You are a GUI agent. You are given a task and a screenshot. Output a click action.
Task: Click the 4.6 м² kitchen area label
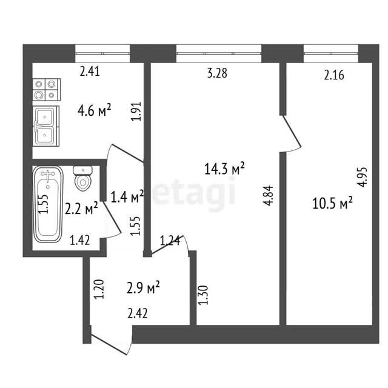(95, 110)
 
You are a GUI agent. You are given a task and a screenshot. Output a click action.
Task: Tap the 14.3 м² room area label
(224, 169)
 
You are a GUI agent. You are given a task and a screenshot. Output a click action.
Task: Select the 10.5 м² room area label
(332, 204)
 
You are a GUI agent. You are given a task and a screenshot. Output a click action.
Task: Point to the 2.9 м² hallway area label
(143, 288)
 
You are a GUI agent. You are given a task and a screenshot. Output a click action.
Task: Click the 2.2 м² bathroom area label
(81, 209)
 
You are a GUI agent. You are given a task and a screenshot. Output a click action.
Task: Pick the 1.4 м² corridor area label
(127, 196)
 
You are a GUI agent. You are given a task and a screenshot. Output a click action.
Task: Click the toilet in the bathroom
(83, 178)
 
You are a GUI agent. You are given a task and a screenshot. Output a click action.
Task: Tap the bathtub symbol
(48, 204)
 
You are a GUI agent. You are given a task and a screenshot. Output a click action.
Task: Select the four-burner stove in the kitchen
(47, 90)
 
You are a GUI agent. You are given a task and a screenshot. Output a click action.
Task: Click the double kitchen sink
(46, 126)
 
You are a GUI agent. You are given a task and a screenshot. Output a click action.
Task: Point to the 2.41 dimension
(90, 72)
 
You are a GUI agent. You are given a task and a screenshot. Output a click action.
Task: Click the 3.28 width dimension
(217, 73)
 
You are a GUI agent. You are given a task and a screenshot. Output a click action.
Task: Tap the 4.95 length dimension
(363, 177)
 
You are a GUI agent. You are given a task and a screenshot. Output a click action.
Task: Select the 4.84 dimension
(268, 195)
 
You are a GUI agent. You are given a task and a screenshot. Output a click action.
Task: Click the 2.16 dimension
(334, 75)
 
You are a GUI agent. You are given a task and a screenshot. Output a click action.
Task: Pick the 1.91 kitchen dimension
(136, 111)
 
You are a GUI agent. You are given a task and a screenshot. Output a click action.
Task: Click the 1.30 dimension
(204, 295)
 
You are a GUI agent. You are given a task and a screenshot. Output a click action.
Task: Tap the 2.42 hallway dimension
(138, 313)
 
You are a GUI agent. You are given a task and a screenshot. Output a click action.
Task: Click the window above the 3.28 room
(219, 53)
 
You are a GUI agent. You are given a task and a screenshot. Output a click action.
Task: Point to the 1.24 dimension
(170, 241)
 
